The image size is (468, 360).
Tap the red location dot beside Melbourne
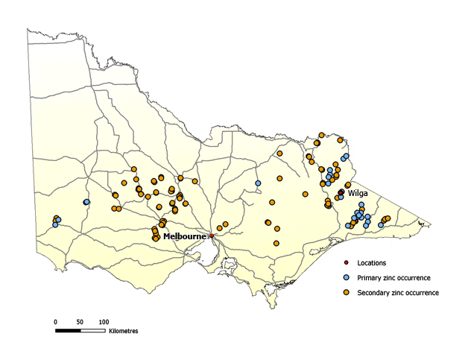tap(212, 236)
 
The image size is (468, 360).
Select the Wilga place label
tap(356, 192)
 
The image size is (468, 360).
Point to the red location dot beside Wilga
tap(341, 192)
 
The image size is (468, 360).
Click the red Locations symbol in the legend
tap(347, 263)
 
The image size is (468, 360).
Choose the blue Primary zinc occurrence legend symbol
tap(347, 277)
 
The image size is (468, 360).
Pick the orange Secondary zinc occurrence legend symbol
tap(347, 292)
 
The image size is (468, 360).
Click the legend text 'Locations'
tap(372, 263)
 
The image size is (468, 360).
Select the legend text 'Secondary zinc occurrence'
tap(398, 292)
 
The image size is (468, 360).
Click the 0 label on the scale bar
tap(55, 321)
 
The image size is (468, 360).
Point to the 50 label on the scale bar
tap(79, 321)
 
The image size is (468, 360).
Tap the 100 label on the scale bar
tap(104, 321)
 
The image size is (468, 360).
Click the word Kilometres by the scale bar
tap(123, 330)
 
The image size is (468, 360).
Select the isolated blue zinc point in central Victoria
tap(258, 183)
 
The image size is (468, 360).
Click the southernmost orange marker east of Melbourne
tap(276, 243)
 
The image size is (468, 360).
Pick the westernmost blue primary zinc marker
tap(55, 224)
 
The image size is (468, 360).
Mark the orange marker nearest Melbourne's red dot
tap(219, 228)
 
